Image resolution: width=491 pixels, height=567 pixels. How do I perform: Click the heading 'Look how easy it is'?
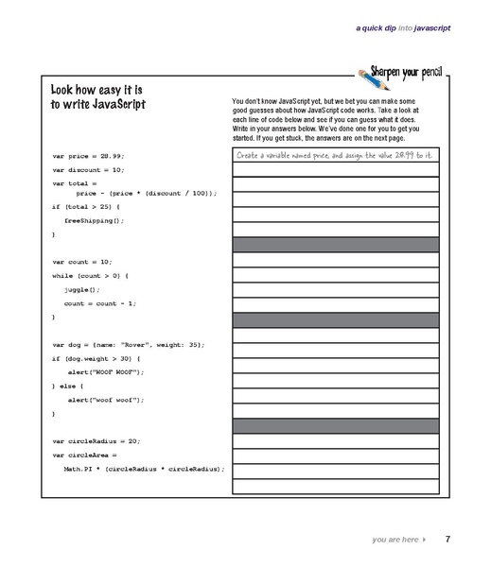[x=96, y=90]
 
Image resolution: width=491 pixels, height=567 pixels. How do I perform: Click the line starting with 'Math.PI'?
[x=143, y=468]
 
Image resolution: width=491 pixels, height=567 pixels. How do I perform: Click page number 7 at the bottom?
[x=447, y=539]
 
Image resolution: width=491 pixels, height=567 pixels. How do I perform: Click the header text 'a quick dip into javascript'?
[x=402, y=28]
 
